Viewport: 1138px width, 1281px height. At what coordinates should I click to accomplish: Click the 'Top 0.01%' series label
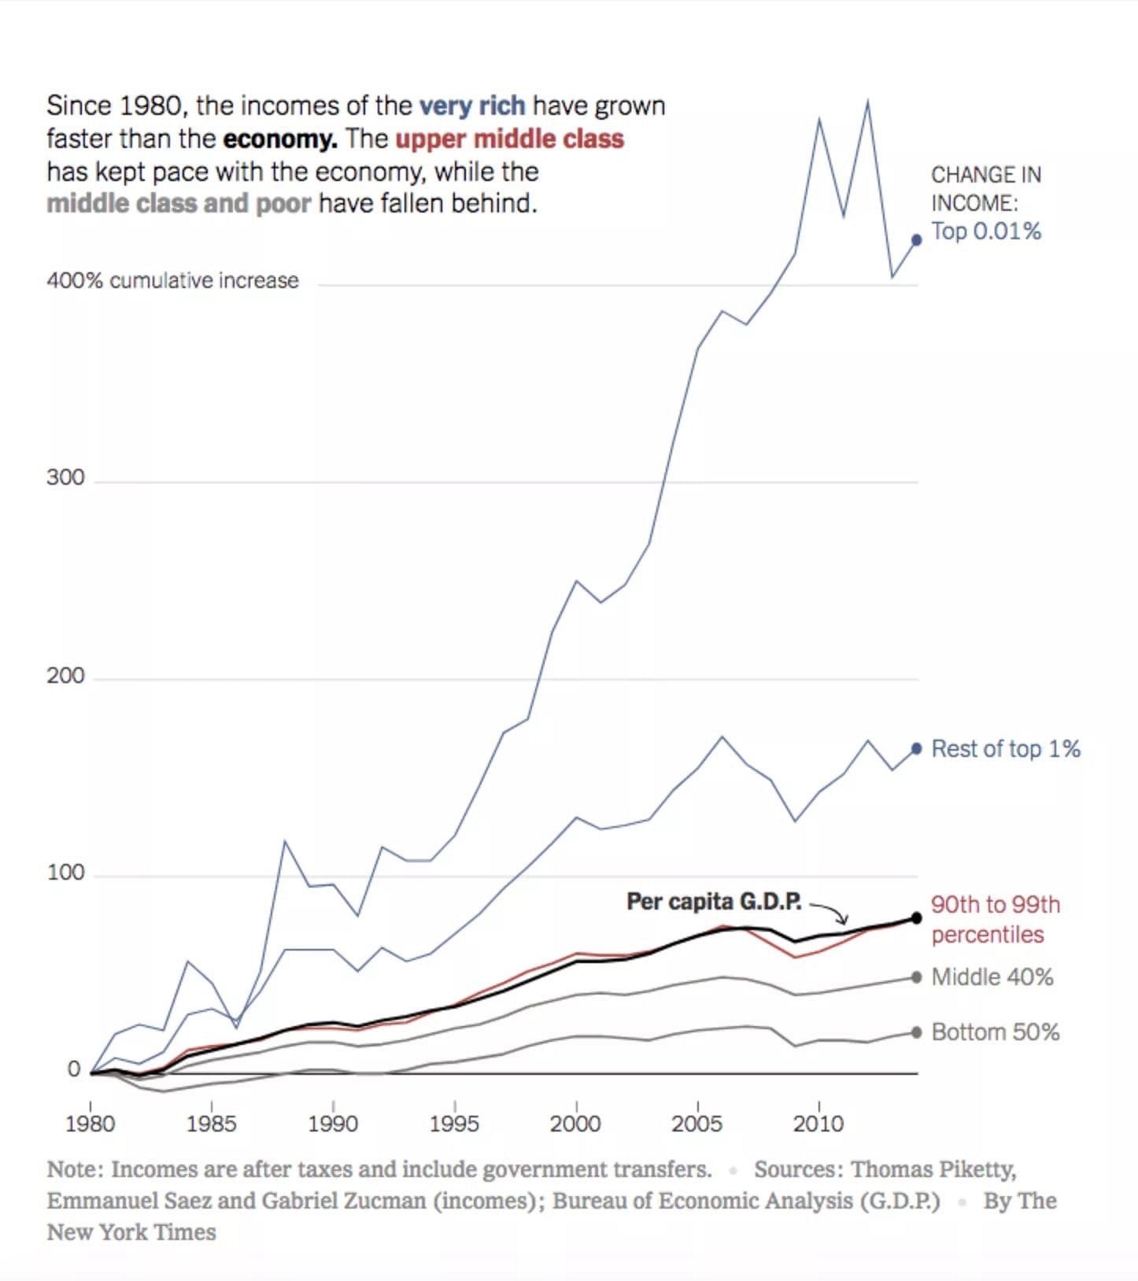(986, 231)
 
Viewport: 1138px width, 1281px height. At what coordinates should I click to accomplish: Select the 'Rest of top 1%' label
(1006, 749)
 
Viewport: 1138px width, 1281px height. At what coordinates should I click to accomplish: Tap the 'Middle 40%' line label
(992, 977)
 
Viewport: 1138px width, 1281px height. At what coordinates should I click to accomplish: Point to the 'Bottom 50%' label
(996, 1032)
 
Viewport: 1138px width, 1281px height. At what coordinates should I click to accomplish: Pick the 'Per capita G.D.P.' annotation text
(714, 902)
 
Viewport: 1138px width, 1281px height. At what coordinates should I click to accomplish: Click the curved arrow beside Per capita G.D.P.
(830, 913)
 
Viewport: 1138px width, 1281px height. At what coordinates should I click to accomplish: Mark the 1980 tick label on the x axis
(90, 1124)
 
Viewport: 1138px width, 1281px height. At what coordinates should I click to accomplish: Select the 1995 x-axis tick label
(454, 1124)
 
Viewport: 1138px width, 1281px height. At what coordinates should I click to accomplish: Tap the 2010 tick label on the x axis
(818, 1124)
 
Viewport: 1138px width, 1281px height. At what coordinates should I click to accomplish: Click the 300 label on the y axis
(65, 478)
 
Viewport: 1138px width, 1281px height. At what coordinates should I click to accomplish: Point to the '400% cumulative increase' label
(172, 281)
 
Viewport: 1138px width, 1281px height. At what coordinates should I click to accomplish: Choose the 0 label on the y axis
(74, 1069)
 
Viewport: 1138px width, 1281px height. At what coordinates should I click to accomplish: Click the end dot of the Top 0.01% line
(916, 240)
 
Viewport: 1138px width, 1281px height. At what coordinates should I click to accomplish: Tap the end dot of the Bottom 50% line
(916, 1032)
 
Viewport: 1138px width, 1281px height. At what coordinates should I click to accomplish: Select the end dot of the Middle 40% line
(916, 977)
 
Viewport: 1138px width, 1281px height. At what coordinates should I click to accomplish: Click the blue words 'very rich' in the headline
(472, 105)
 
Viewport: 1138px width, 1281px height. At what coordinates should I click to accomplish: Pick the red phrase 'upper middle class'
(509, 139)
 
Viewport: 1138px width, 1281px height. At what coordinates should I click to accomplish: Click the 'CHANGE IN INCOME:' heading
(985, 189)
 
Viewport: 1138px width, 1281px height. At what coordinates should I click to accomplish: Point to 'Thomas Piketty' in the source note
(933, 1170)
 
